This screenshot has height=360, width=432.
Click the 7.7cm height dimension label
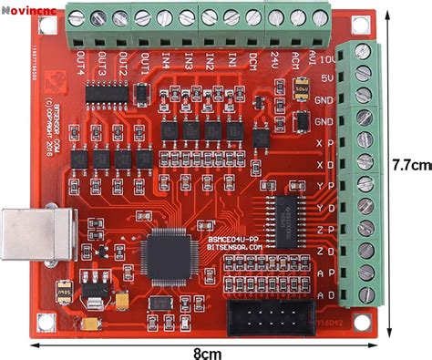[409, 166]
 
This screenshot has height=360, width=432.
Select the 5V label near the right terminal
[325, 78]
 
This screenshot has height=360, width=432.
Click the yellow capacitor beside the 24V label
[301, 91]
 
